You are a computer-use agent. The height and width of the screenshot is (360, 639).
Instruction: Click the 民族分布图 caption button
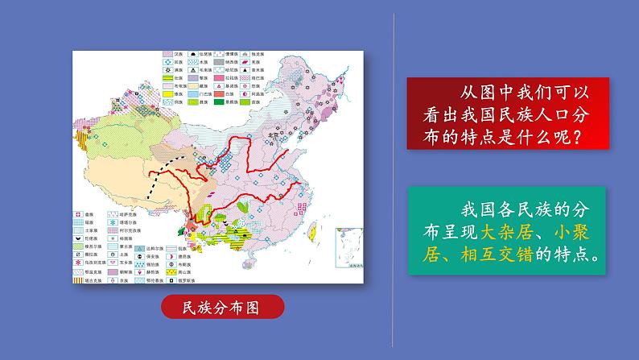point(222,308)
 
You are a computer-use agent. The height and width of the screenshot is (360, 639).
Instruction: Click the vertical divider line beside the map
point(394,177)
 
